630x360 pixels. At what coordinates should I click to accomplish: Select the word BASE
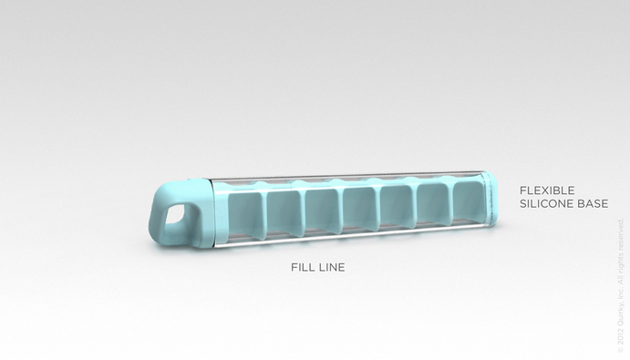591,203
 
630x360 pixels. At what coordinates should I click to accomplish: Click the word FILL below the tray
303,268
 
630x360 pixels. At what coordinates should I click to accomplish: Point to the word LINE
331,268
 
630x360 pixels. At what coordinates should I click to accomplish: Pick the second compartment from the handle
284,211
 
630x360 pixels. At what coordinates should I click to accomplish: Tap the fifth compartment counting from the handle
398,206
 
